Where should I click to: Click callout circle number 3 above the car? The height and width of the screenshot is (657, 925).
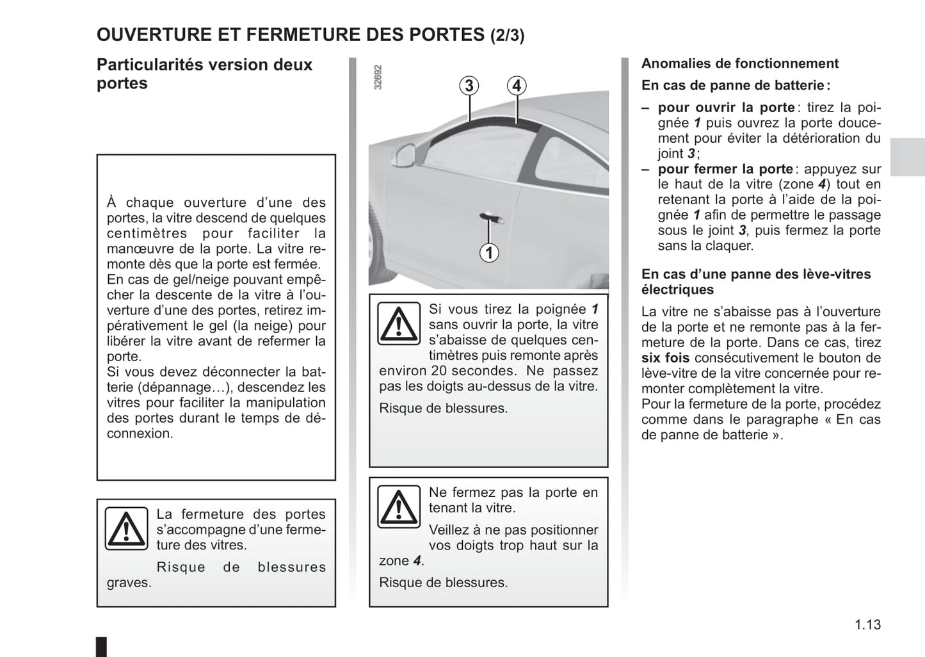(x=469, y=86)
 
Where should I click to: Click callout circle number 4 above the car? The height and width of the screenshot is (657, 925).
(x=517, y=86)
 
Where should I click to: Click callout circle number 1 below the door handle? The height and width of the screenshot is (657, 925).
(x=489, y=253)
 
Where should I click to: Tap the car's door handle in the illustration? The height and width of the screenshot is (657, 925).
(x=490, y=218)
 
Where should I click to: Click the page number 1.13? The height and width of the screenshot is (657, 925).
(x=867, y=624)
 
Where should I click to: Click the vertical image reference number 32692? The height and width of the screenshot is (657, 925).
(x=378, y=77)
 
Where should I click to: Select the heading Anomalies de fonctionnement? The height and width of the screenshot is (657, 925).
(x=739, y=63)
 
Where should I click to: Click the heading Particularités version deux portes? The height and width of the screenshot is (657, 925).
(x=204, y=74)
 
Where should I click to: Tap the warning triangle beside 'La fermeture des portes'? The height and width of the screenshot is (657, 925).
(x=127, y=528)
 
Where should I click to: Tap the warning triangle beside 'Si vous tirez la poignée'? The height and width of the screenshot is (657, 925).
(x=398, y=324)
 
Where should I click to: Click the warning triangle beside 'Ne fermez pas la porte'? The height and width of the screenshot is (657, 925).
(x=398, y=507)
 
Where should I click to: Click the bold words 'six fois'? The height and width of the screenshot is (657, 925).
(x=665, y=358)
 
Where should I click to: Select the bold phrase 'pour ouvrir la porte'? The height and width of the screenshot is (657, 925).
(x=726, y=108)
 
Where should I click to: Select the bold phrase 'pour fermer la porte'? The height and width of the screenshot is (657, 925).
(x=725, y=169)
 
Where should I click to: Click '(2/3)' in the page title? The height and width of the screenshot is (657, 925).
(x=507, y=36)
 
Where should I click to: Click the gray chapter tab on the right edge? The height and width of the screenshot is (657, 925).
(x=907, y=157)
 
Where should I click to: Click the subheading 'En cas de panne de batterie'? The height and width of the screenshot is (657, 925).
(x=735, y=85)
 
